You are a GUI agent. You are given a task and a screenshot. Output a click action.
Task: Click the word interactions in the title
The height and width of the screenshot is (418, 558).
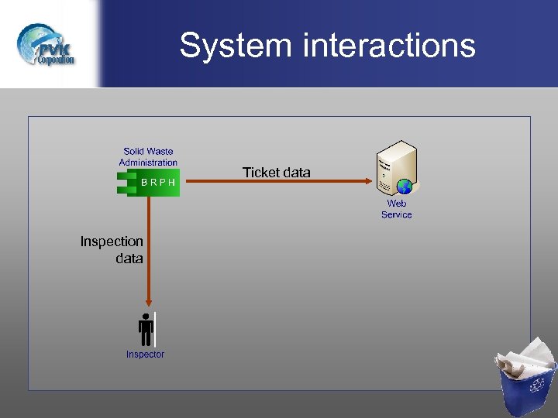coord(389,45)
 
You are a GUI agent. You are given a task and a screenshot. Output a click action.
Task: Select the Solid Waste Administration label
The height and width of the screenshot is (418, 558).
coord(148,157)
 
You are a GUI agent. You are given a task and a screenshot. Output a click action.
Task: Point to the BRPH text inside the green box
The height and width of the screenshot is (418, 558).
coord(158,183)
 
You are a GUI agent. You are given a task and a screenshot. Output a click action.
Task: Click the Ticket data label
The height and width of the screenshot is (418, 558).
coord(276,173)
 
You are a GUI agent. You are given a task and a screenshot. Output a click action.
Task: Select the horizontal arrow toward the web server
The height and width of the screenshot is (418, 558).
coord(271,182)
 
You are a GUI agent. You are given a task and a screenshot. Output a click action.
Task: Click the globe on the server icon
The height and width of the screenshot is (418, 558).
coord(404,187)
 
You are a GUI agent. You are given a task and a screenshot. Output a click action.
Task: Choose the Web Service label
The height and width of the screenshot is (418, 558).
coord(396,209)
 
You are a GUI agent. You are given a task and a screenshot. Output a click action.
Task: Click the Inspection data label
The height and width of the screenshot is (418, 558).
coord(112,250)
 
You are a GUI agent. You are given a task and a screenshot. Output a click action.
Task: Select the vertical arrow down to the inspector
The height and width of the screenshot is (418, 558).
coord(148,248)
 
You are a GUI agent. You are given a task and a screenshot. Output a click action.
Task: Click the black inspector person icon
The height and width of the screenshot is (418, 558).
coord(146,330)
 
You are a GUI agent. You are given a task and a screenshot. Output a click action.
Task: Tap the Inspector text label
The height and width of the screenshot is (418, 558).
coord(145,355)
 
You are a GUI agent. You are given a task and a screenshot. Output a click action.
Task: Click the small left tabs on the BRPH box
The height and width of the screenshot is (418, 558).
coord(122,183)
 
